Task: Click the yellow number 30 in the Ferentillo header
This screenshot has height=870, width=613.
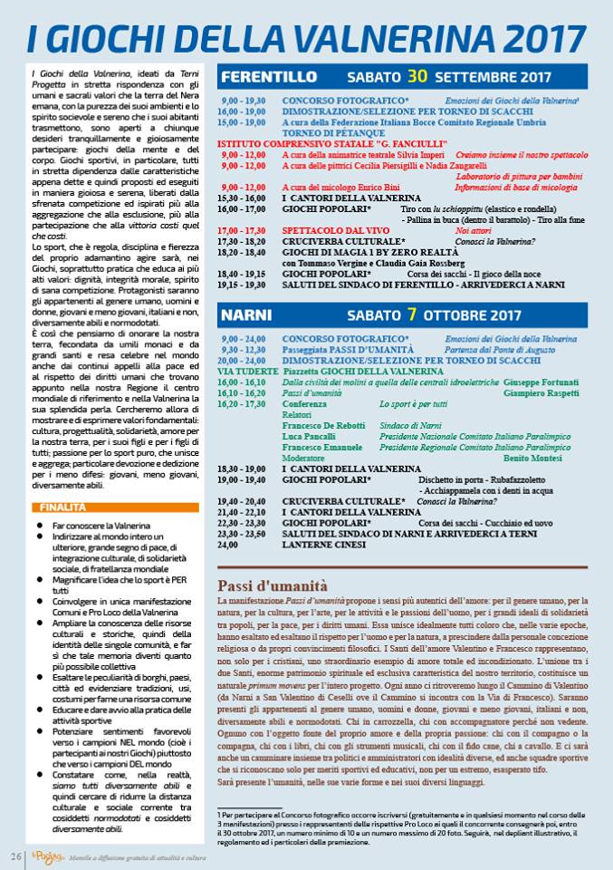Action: [417, 75]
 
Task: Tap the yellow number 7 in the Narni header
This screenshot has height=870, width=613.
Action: [412, 315]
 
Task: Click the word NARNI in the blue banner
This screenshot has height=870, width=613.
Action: [247, 316]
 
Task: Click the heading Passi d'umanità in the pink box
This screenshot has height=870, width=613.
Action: [273, 585]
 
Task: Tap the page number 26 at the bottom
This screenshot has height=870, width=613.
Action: [16, 856]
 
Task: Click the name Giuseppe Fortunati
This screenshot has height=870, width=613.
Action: [540, 382]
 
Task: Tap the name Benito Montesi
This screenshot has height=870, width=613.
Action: [540, 458]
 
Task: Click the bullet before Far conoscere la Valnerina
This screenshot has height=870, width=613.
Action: [40, 525]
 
